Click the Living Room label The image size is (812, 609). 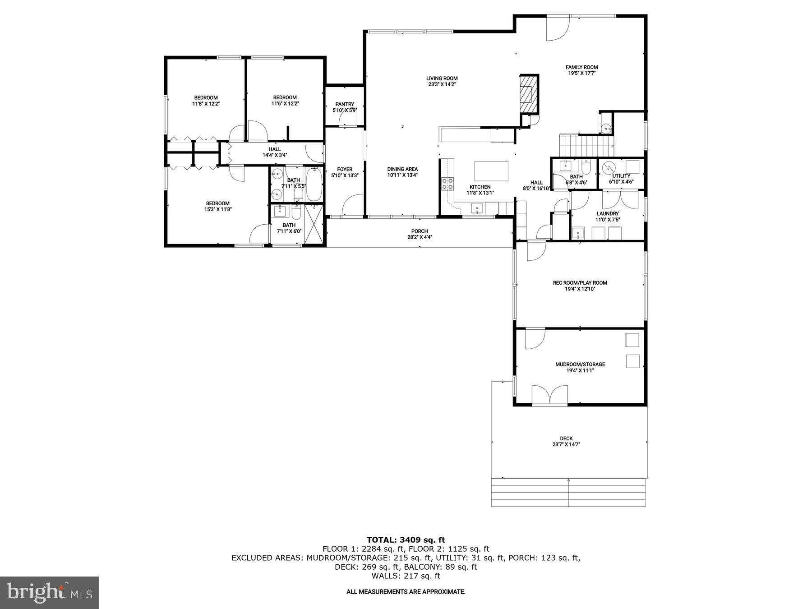442,78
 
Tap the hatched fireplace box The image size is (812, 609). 527,94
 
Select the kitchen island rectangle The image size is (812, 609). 491,171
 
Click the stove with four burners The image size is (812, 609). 448,184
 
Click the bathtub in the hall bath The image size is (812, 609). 314,185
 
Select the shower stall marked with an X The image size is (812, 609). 314,224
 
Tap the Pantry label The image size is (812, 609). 345,104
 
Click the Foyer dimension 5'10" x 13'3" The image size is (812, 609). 345,175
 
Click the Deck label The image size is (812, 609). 566,438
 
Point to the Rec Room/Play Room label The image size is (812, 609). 580,283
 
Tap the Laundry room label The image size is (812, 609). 608,214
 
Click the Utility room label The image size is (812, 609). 621,176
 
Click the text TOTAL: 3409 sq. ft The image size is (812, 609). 406,540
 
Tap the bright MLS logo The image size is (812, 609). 49,593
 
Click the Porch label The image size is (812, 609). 420,231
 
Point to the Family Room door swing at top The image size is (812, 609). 558,29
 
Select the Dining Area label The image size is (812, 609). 402,169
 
